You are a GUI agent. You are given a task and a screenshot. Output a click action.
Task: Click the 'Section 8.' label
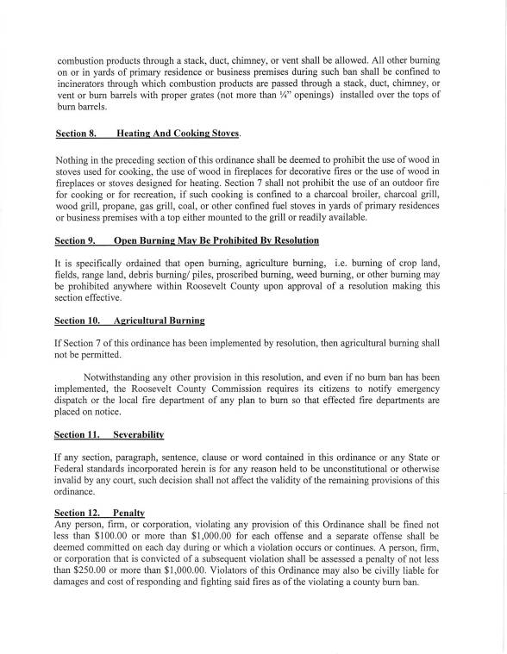78,134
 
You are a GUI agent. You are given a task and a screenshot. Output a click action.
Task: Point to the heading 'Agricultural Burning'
159,321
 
